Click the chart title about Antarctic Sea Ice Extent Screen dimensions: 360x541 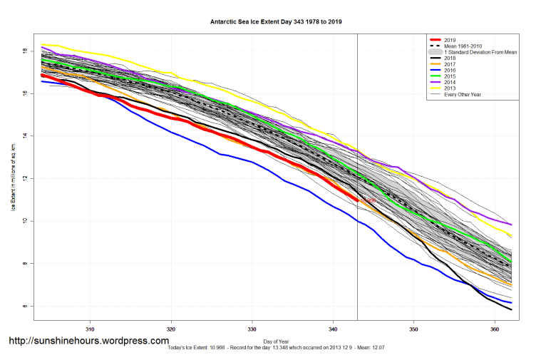(x=270, y=23)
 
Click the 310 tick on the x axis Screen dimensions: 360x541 (x=91, y=330)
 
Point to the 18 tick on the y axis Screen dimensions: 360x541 (x=25, y=51)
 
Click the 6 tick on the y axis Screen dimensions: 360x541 (x=25, y=307)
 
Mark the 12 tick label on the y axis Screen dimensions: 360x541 (x=25, y=178)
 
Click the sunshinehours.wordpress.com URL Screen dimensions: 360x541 (x=88, y=341)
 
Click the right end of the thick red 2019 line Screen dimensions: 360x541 (x=356, y=202)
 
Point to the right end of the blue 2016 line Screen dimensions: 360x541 (x=511, y=303)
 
